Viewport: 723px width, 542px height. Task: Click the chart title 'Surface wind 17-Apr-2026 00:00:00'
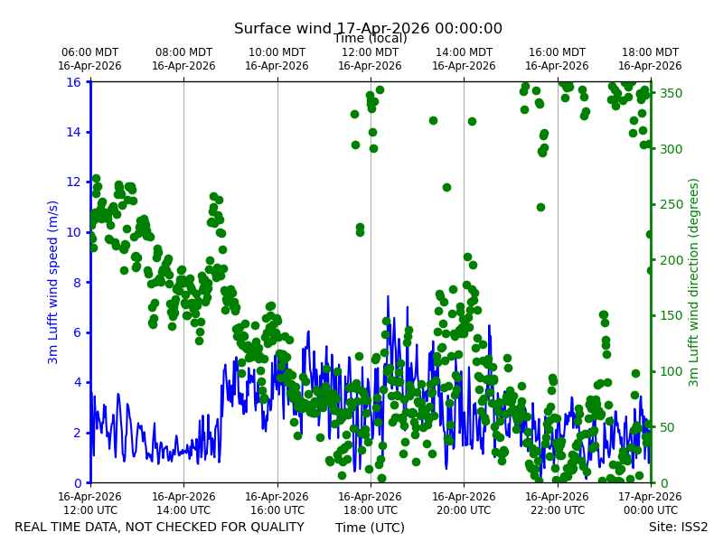(368, 28)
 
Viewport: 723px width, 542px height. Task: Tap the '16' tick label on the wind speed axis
(74, 82)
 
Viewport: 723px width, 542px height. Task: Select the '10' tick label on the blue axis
(74, 232)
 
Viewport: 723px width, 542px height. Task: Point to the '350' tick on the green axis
(671, 93)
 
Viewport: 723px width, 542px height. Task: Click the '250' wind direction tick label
(671, 204)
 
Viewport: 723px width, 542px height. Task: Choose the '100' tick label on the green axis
(671, 371)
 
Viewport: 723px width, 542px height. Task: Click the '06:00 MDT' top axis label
(89, 52)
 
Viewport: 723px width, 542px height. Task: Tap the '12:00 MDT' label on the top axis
(370, 52)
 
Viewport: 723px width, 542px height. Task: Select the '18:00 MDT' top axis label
(650, 52)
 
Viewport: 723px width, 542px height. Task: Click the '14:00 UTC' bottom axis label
(183, 510)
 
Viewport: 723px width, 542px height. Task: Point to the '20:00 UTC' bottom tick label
(464, 510)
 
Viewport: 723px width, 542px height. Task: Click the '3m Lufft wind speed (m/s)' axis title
(53, 282)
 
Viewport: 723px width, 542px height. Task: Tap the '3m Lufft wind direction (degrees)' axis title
(693, 283)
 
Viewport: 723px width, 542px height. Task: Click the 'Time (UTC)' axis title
(370, 528)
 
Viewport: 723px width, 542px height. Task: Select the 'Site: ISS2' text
(678, 527)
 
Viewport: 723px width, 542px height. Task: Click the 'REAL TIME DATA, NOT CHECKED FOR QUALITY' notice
(160, 527)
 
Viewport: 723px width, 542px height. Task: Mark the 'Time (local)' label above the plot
(371, 38)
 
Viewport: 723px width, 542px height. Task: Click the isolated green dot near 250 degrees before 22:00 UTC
(540, 208)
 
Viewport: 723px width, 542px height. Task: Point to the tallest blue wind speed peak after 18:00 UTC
(388, 296)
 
